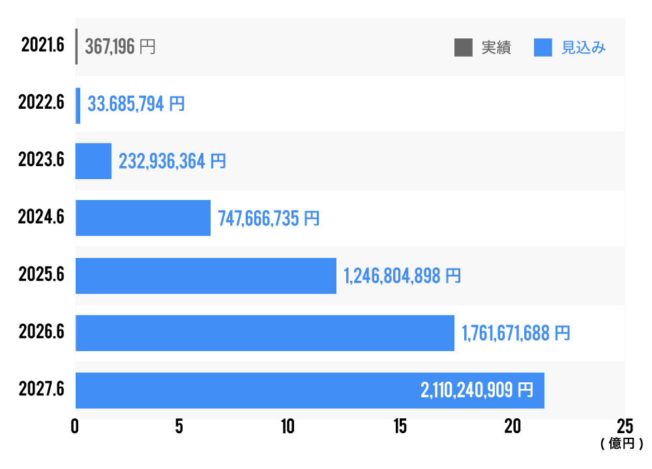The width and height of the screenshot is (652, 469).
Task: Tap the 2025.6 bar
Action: [206, 276]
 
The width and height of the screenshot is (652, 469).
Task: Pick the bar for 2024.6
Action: [143, 218]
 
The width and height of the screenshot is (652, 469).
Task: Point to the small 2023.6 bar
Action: [93, 161]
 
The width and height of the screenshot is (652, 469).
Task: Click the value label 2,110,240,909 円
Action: [477, 390]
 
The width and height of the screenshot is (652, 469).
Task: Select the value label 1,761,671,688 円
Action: [516, 334]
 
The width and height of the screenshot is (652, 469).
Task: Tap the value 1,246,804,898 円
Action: [402, 276]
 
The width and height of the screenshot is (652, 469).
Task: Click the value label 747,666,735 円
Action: [269, 218]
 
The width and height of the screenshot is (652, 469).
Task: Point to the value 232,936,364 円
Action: [172, 161]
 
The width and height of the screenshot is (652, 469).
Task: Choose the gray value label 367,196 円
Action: [120, 47]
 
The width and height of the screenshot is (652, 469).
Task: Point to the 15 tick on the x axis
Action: [400, 426]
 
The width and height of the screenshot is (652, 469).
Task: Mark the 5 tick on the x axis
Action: [179, 426]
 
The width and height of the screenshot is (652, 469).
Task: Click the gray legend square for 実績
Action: [464, 48]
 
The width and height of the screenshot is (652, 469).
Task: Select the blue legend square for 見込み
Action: [542, 48]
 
